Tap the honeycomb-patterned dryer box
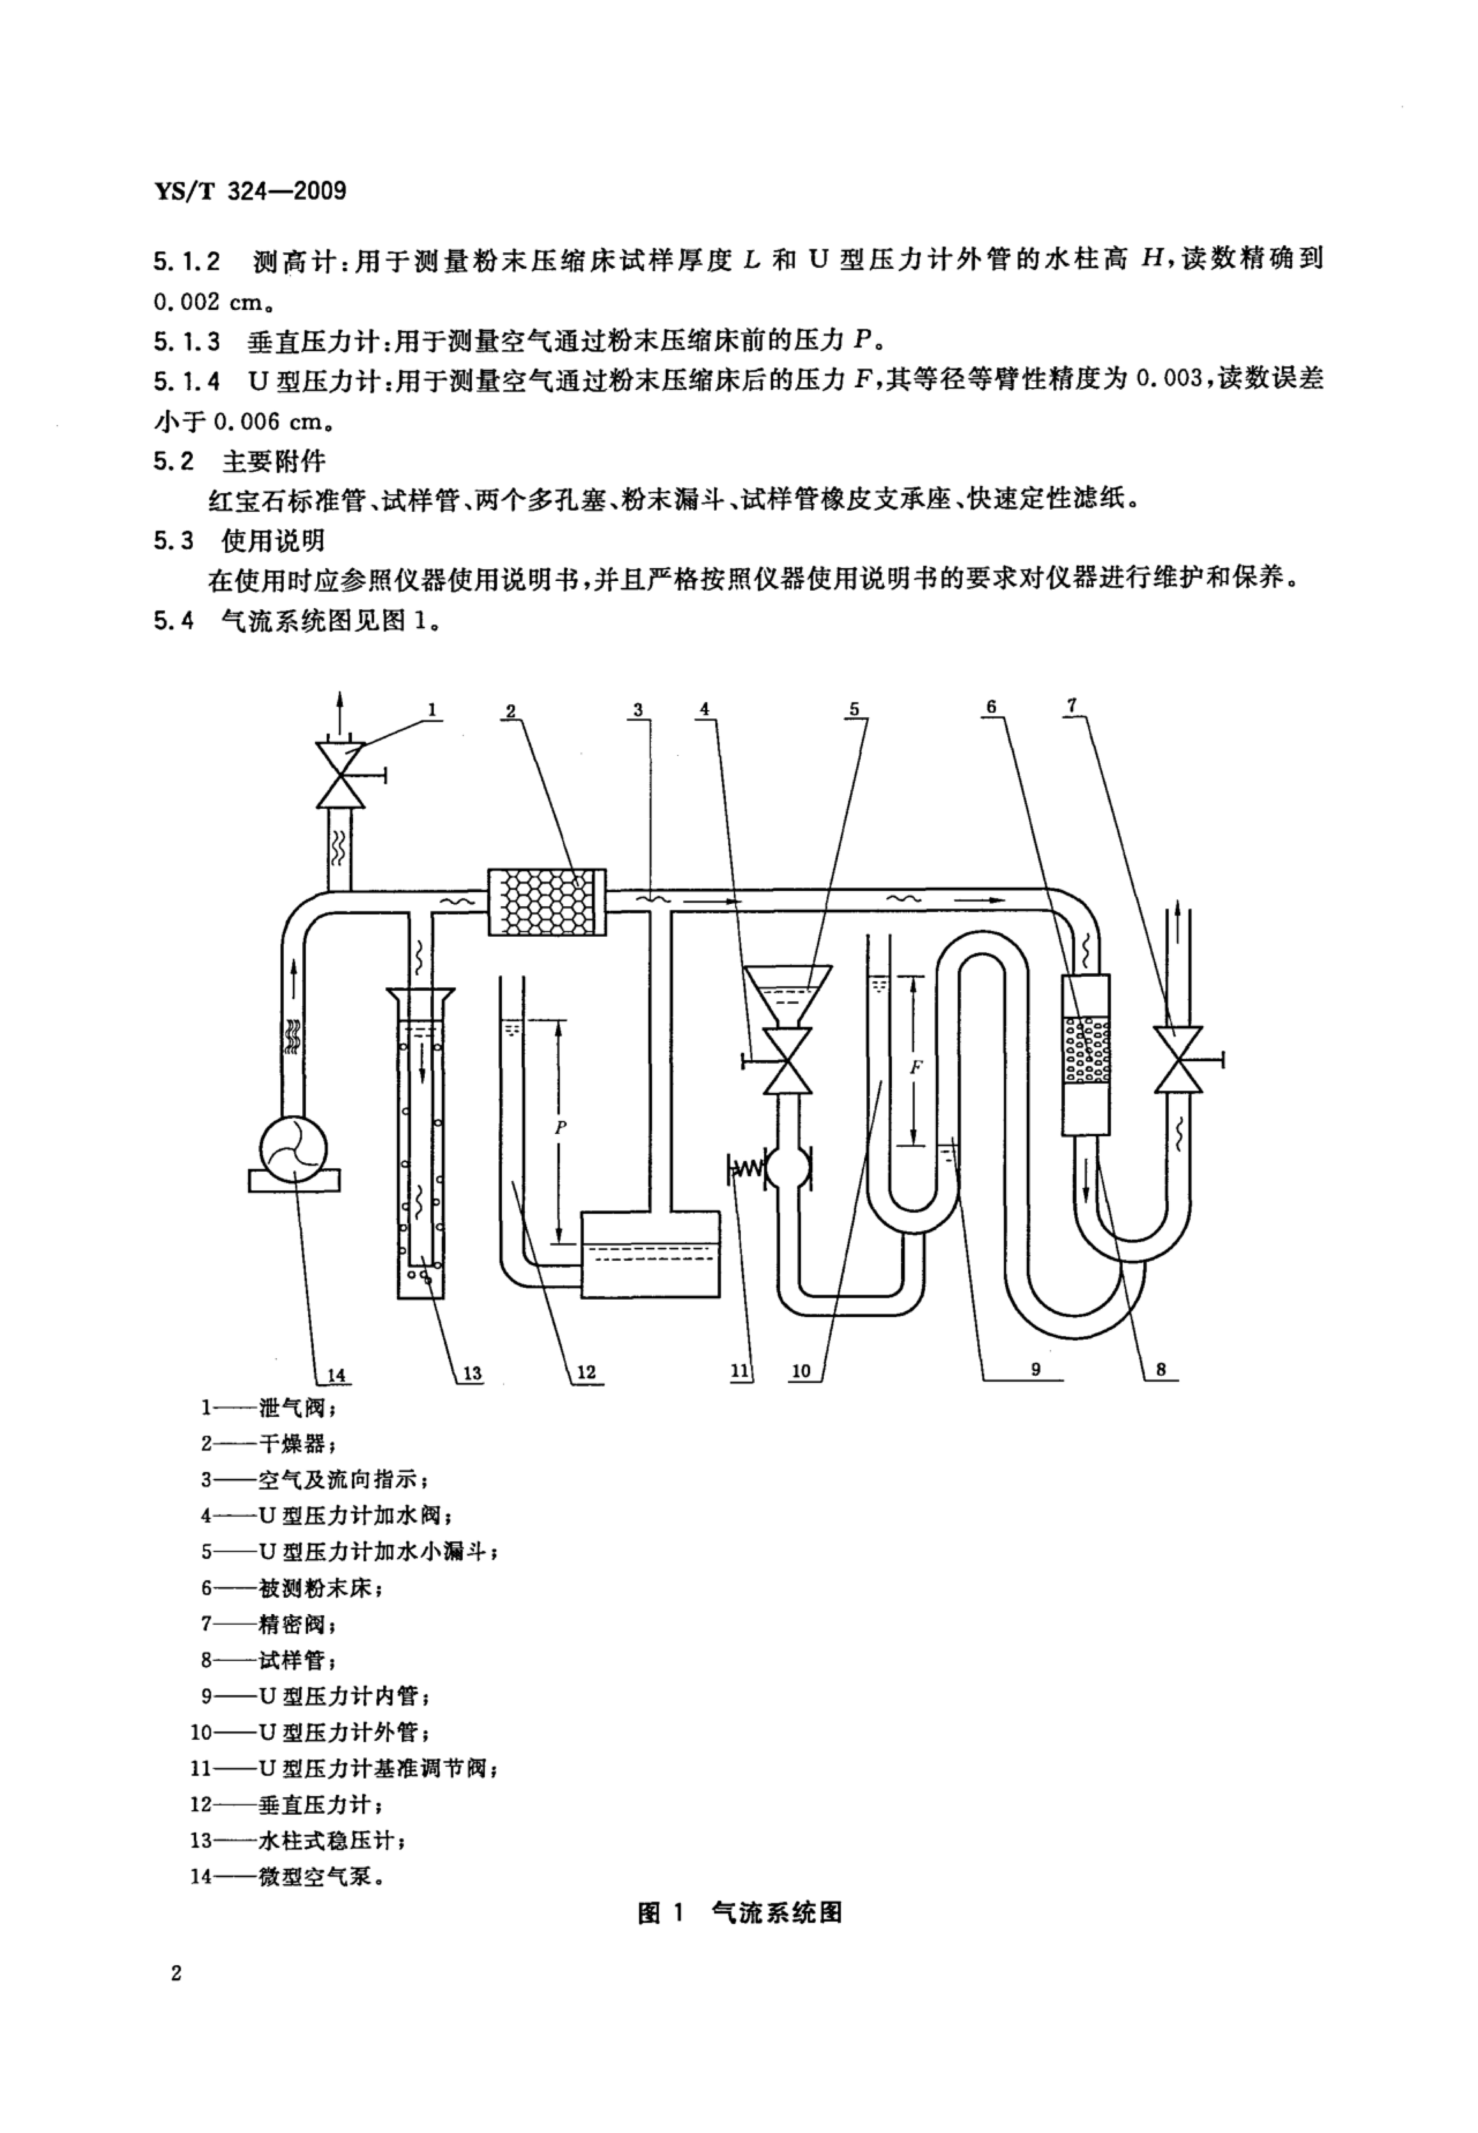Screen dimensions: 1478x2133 (x=546, y=902)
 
